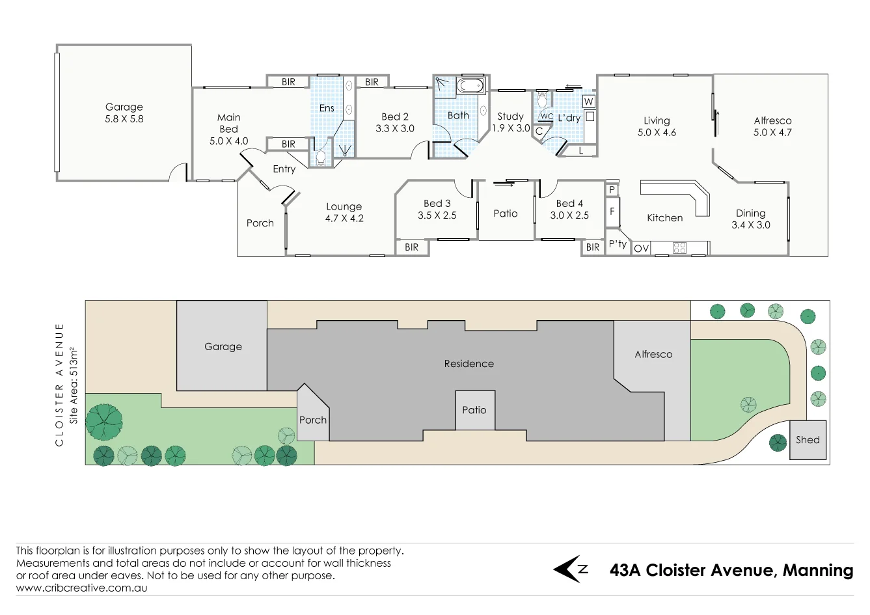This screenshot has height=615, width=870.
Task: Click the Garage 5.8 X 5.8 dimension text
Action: point(124,119)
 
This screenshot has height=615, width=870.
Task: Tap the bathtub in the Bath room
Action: point(470,86)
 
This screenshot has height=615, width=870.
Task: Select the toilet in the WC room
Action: point(542,101)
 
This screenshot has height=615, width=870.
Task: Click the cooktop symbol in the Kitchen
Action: point(679,247)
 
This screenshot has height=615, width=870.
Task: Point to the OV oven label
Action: point(641,248)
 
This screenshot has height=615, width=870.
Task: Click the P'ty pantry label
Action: point(618,244)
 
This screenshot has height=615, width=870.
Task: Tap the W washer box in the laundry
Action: point(588,102)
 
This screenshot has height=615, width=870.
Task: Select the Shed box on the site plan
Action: point(808,440)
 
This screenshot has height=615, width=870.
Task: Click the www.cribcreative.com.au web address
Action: point(81,588)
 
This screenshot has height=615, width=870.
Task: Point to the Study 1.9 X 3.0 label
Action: point(511,122)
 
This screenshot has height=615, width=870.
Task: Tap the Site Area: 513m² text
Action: point(74,385)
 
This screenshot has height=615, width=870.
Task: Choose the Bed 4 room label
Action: point(569,204)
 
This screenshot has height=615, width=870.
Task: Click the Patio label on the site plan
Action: point(474,410)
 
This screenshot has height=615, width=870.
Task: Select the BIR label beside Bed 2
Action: point(372,82)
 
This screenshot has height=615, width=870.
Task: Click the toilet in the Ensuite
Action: point(320,158)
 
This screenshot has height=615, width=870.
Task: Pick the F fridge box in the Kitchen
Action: point(612,212)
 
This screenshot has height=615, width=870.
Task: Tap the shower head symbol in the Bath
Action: point(442,83)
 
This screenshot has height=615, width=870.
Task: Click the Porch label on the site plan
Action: point(312,420)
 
